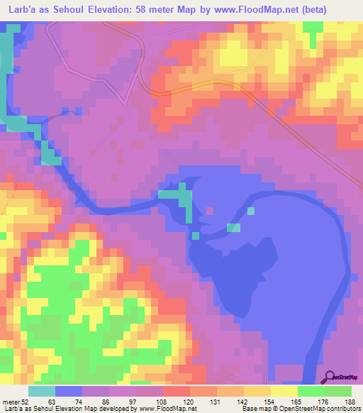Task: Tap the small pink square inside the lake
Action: (x=209, y=210)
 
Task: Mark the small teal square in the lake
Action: (x=251, y=210)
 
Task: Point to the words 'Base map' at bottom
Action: (x=255, y=408)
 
